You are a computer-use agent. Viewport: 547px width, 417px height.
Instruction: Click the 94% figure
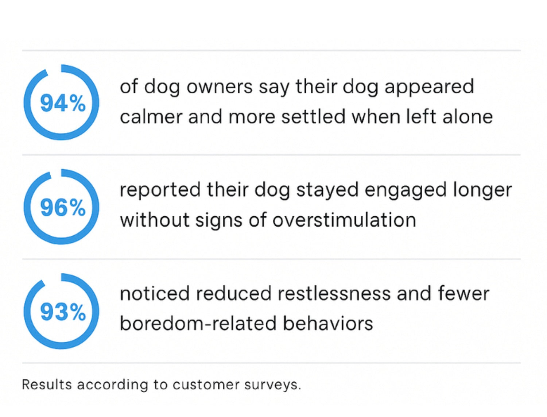63,104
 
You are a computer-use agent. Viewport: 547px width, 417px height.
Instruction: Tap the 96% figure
63,208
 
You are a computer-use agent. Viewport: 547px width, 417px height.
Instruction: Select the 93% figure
63,312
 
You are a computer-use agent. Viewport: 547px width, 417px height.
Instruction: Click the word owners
219,87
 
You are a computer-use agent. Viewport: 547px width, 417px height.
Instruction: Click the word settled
313,116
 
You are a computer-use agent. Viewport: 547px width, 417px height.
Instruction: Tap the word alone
468,116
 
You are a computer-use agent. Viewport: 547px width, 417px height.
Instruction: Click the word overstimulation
344,220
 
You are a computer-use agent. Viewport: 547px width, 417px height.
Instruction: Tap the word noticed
155,294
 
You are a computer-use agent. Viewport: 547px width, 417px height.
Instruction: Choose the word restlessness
334,294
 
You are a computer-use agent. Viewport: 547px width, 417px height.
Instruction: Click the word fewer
463,294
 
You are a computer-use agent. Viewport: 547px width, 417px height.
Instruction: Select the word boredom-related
198,323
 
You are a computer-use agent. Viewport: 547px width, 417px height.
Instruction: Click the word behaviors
328,323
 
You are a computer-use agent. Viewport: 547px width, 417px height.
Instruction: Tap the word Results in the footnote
47,385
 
